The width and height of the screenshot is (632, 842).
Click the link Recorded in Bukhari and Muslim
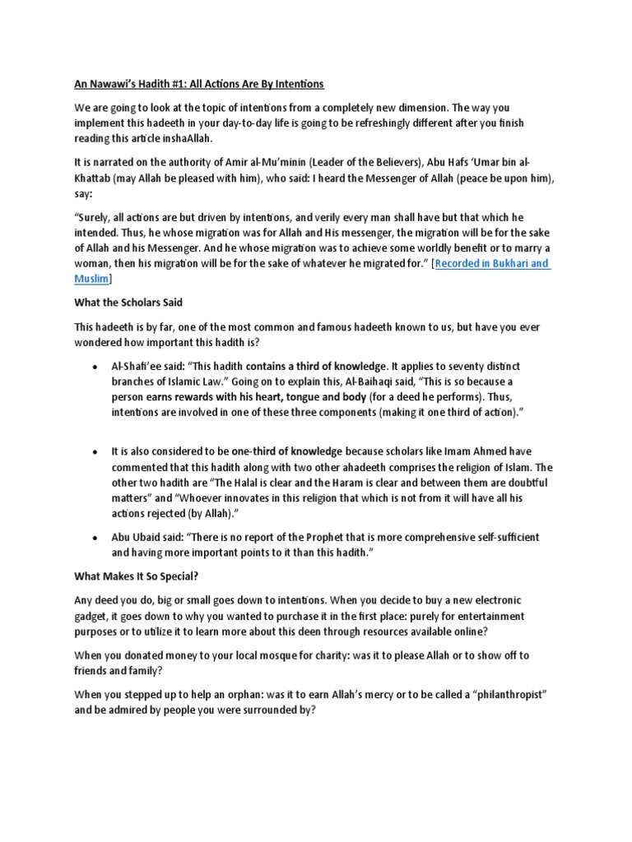tap(491, 263)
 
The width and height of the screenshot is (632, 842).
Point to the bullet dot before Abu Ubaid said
tap(95, 538)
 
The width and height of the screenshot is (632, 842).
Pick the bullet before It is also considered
tap(95, 451)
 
